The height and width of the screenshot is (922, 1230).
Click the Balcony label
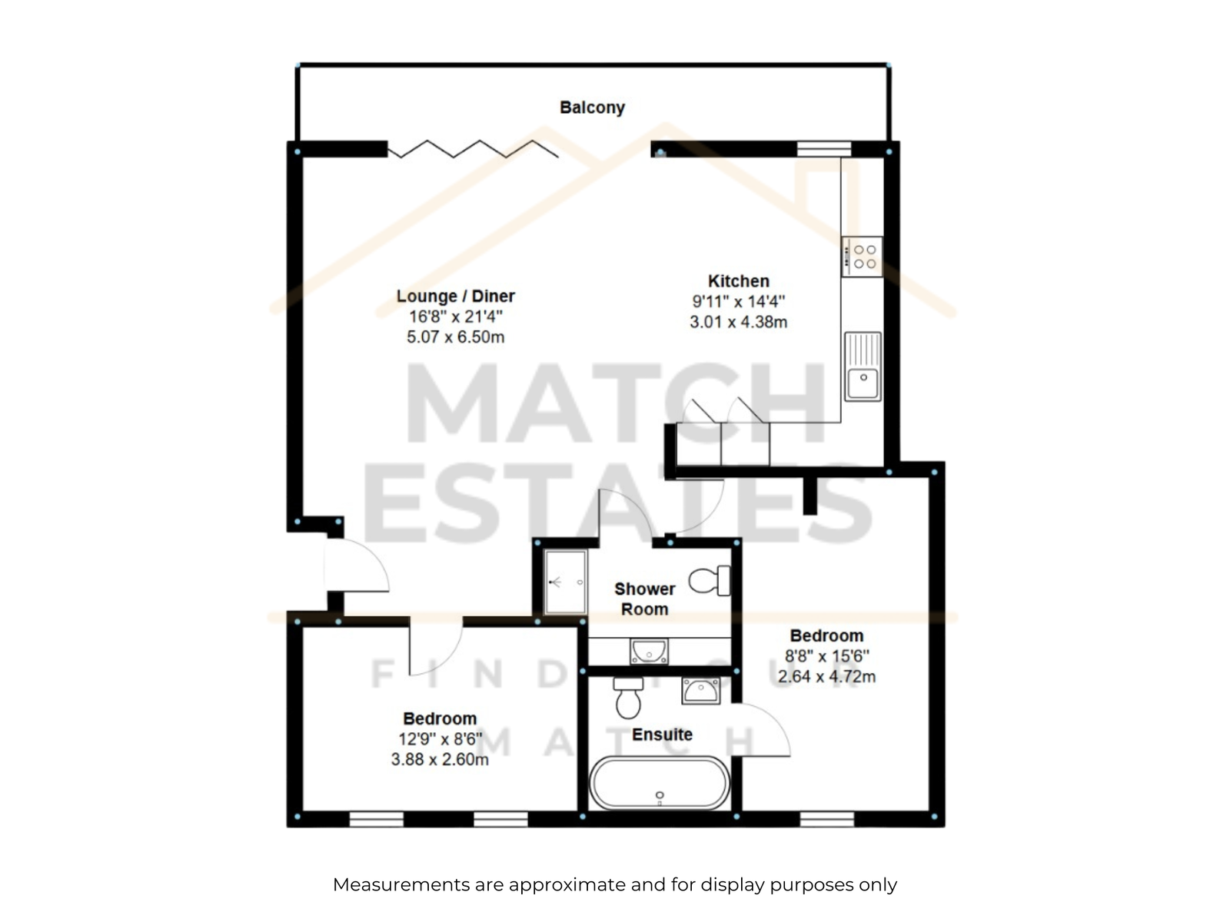pyautogui.click(x=592, y=108)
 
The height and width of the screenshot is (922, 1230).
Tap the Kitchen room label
pyautogui.click(x=738, y=280)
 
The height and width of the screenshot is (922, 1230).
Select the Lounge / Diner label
pyautogui.click(x=455, y=296)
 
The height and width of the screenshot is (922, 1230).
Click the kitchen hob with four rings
pyautogui.click(x=861, y=257)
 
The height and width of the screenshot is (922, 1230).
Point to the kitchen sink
pyautogui.click(x=863, y=366)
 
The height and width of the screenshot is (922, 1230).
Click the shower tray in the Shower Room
pyautogui.click(x=565, y=582)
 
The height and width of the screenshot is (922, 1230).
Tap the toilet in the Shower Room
pyautogui.click(x=709, y=581)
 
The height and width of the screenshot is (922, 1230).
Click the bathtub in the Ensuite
pyautogui.click(x=660, y=783)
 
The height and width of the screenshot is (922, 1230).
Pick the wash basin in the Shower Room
pyautogui.click(x=649, y=652)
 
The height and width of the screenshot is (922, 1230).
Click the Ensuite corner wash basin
pyautogui.click(x=700, y=691)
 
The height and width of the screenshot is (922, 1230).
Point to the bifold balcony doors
pyautogui.click(x=473, y=149)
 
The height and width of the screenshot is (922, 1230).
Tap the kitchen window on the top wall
pyautogui.click(x=824, y=149)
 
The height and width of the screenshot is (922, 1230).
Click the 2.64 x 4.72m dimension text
pyautogui.click(x=826, y=677)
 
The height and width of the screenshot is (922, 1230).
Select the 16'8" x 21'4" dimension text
pyautogui.click(x=455, y=317)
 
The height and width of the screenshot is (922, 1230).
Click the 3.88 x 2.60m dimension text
pyautogui.click(x=439, y=760)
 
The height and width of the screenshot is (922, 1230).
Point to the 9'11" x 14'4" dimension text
pyautogui.click(x=738, y=301)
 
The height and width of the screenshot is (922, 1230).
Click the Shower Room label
pyautogui.click(x=644, y=599)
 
